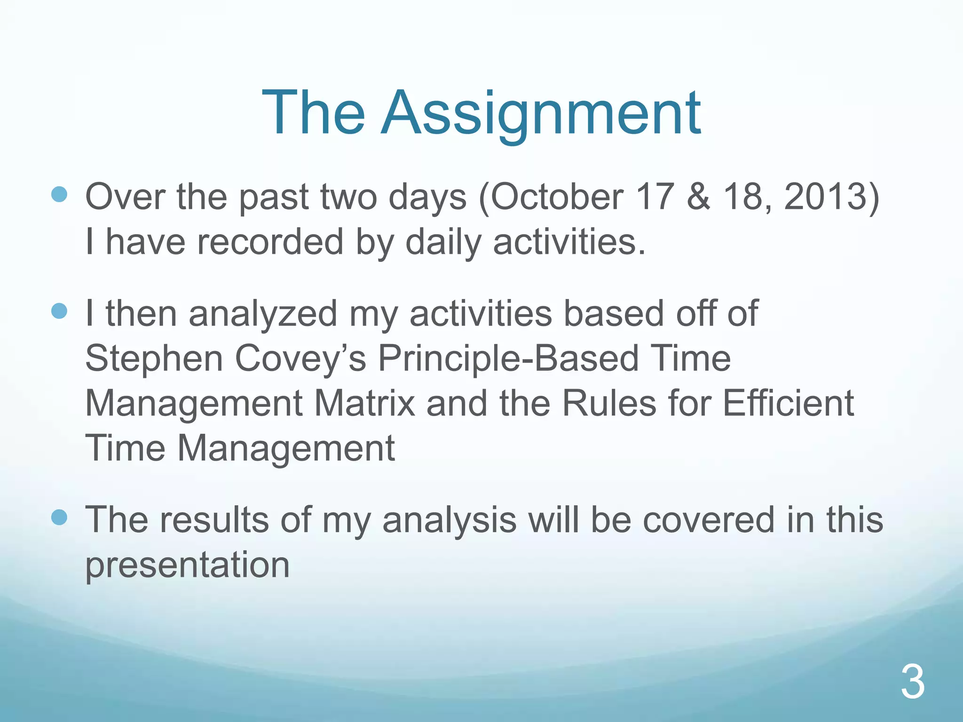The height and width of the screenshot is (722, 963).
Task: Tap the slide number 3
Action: coord(913,682)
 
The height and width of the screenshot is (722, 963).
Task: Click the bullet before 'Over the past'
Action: coord(59,194)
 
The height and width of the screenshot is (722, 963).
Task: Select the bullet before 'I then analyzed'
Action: coord(59,311)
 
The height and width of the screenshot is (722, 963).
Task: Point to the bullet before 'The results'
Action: coord(59,518)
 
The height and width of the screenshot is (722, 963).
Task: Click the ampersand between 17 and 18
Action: coord(698,196)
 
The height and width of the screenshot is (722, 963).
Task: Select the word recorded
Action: coord(270,242)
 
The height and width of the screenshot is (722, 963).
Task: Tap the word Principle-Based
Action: coord(508,359)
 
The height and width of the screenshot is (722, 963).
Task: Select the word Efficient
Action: coord(788,403)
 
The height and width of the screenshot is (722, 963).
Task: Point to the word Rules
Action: coord(608,403)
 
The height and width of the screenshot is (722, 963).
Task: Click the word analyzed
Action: coord(263,314)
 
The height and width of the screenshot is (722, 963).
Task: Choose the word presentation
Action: coord(187,565)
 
